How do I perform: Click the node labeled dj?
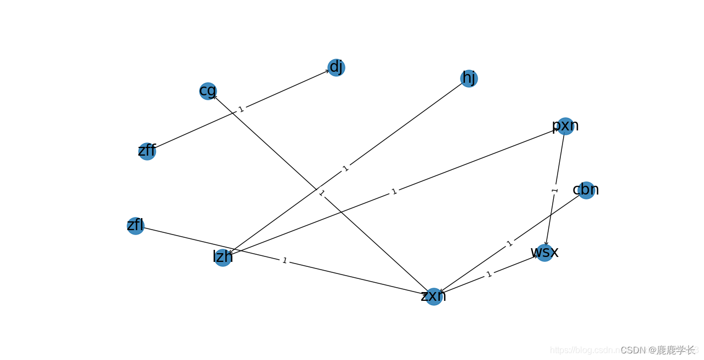click(x=336, y=67)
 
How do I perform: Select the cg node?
click(x=208, y=91)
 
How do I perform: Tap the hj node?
click(x=469, y=78)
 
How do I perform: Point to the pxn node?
click(x=565, y=126)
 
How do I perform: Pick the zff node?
click(x=147, y=151)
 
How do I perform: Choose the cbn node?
click(x=586, y=190)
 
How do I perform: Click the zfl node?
click(x=135, y=226)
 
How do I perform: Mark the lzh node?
click(x=223, y=258)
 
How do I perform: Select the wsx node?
click(x=544, y=253)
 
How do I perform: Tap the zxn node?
click(x=434, y=296)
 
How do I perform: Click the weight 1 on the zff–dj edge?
click(x=241, y=110)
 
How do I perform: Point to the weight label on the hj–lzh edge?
click(x=345, y=168)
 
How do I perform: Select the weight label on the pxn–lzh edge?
click(x=394, y=192)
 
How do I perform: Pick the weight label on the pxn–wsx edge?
click(x=554, y=190)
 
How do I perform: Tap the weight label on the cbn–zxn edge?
click(x=509, y=243)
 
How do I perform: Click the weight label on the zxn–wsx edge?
click(x=489, y=275)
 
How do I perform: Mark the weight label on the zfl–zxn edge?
click(x=284, y=261)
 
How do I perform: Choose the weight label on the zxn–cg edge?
click(x=321, y=193)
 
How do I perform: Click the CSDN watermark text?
click(x=657, y=350)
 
